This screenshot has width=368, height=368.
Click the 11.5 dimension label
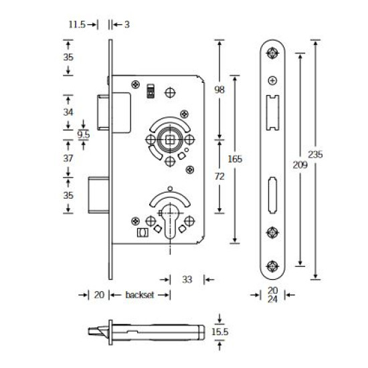click(77, 24)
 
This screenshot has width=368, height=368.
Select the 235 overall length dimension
click(315, 155)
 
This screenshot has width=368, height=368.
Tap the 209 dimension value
click(300, 165)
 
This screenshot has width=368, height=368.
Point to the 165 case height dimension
click(235, 159)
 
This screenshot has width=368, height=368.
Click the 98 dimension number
click(219, 90)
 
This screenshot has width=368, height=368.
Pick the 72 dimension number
click(219, 176)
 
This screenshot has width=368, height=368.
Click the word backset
click(140, 295)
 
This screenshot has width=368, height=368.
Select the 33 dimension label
click(187, 280)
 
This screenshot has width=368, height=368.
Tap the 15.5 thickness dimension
click(220, 332)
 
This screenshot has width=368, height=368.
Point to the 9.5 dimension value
click(84, 134)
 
